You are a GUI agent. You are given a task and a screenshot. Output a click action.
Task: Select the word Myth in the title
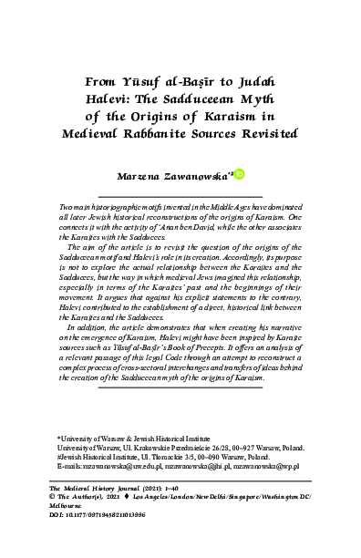253,99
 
